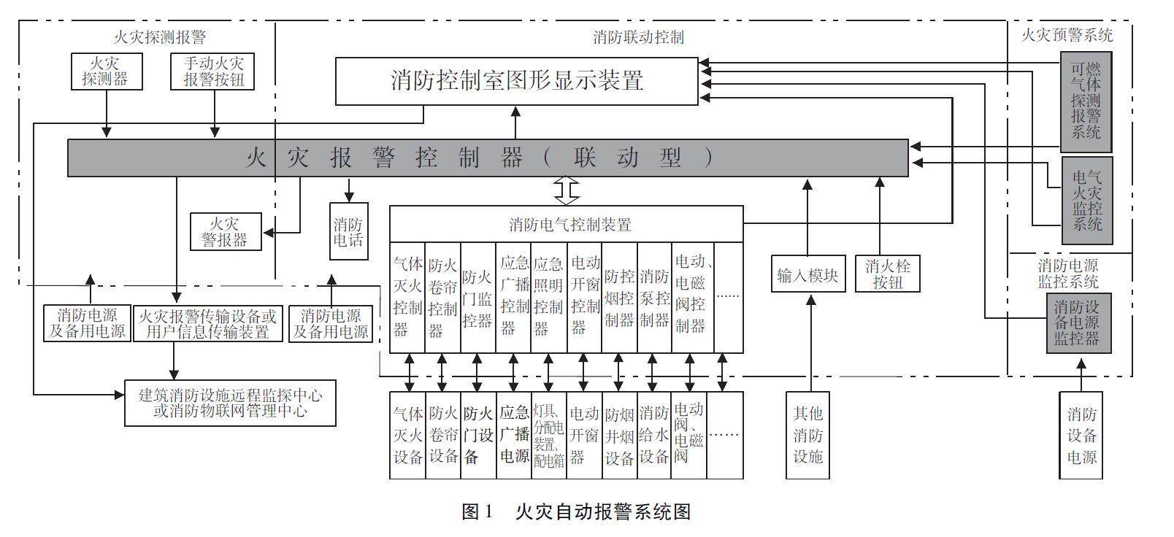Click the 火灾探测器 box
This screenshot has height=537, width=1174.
pyautogui.click(x=107, y=71)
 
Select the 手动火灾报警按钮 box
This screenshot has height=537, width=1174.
pyautogui.click(x=212, y=71)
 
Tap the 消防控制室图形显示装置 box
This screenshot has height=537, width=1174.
pyautogui.click(x=516, y=80)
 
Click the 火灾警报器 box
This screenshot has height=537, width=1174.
pyautogui.click(x=225, y=231)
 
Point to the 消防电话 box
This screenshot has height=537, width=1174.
pyautogui.click(x=349, y=231)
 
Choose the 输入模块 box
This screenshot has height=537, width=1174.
pyautogui.click(x=807, y=274)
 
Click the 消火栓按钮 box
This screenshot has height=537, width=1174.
pyautogui.click(x=887, y=274)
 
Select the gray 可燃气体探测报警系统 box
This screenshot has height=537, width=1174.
pyautogui.click(x=1086, y=101)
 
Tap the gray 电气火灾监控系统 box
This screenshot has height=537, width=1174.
pyautogui.click(x=1086, y=200)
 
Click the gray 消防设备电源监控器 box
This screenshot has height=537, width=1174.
pyautogui.click(x=1078, y=322)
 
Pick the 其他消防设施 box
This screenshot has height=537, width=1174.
pyautogui.click(x=807, y=436)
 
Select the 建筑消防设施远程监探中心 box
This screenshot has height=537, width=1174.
pyautogui.click(x=230, y=403)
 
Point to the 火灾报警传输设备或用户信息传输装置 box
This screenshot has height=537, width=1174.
pyautogui.click(x=208, y=324)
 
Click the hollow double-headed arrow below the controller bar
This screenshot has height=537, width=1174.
pyautogui.click(x=566, y=190)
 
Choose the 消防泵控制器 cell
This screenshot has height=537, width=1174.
pyautogui.click(x=654, y=297)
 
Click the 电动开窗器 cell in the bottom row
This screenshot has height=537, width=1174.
pyautogui.click(x=583, y=436)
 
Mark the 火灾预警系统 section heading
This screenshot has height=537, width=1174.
pyautogui.click(x=1066, y=34)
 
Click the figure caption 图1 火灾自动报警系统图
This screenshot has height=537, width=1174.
pyautogui.click(x=576, y=511)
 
